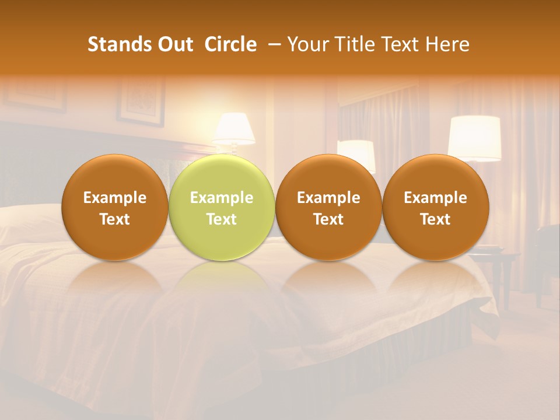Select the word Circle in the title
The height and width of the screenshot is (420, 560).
pos(230,44)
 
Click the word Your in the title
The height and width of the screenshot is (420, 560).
pos(306,44)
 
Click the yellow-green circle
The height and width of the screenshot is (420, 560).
pos(221,207)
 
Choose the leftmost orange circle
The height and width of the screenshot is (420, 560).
pos(114,207)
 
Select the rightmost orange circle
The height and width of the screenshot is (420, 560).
pos(435,207)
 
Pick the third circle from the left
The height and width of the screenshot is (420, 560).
pos(328,207)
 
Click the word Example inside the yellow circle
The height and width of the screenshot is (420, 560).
pos(221,198)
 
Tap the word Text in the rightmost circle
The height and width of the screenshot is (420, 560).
pos(435,219)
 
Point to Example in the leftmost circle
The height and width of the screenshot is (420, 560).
pos(114,198)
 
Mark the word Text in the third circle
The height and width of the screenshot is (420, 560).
pos(328,219)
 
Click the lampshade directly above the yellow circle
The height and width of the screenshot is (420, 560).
pos(233,128)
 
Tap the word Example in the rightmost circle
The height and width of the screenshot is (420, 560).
pos(435,198)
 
